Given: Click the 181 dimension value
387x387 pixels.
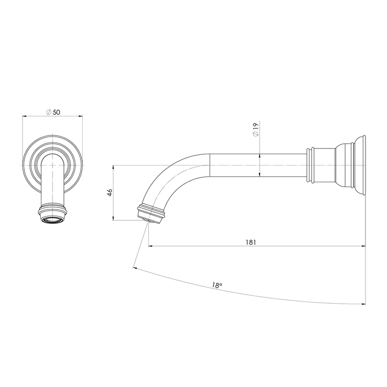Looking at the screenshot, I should (250, 242).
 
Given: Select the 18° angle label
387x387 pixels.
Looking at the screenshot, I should (216, 286).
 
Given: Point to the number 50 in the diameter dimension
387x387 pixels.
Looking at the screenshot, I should (56, 112).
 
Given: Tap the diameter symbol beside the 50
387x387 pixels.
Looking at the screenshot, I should (48, 112).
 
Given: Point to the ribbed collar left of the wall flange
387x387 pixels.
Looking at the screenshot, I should (311, 166).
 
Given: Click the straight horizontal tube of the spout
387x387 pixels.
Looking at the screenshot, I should (258, 166).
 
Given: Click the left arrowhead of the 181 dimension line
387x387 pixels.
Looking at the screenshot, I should (150, 246).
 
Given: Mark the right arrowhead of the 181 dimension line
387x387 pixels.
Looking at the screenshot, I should (364, 246).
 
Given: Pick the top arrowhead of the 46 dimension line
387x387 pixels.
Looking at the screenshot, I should (114, 166).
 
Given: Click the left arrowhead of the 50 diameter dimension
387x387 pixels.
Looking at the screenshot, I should (24, 116).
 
